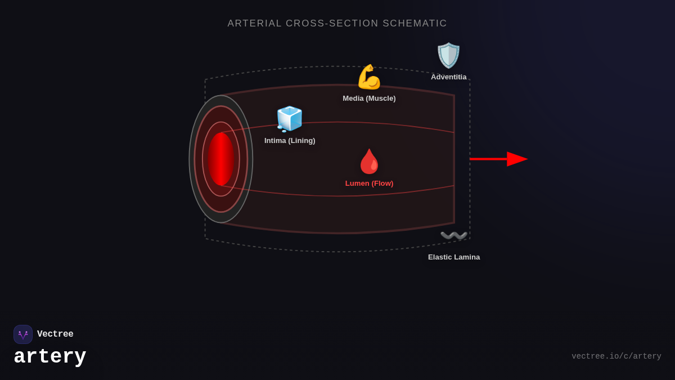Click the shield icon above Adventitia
tap(448, 55)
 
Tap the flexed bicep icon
tap(369, 77)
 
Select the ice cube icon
tap(289, 119)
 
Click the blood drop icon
tap(369, 162)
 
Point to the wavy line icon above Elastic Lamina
tap(454, 235)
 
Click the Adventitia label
tap(448, 77)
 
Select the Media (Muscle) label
tap(369, 99)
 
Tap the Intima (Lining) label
tap(290, 141)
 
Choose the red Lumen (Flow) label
tap(369, 184)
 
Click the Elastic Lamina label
tap(454, 257)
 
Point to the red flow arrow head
tap(517, 159)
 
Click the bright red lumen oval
tap(220, 159)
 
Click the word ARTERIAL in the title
tap(254, 24)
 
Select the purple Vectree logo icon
tap(23, 334)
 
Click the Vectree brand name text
tap(55, 334)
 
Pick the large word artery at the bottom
tap(50, 357)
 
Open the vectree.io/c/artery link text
tap(616, 356)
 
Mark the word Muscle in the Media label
tap(380, 99)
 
